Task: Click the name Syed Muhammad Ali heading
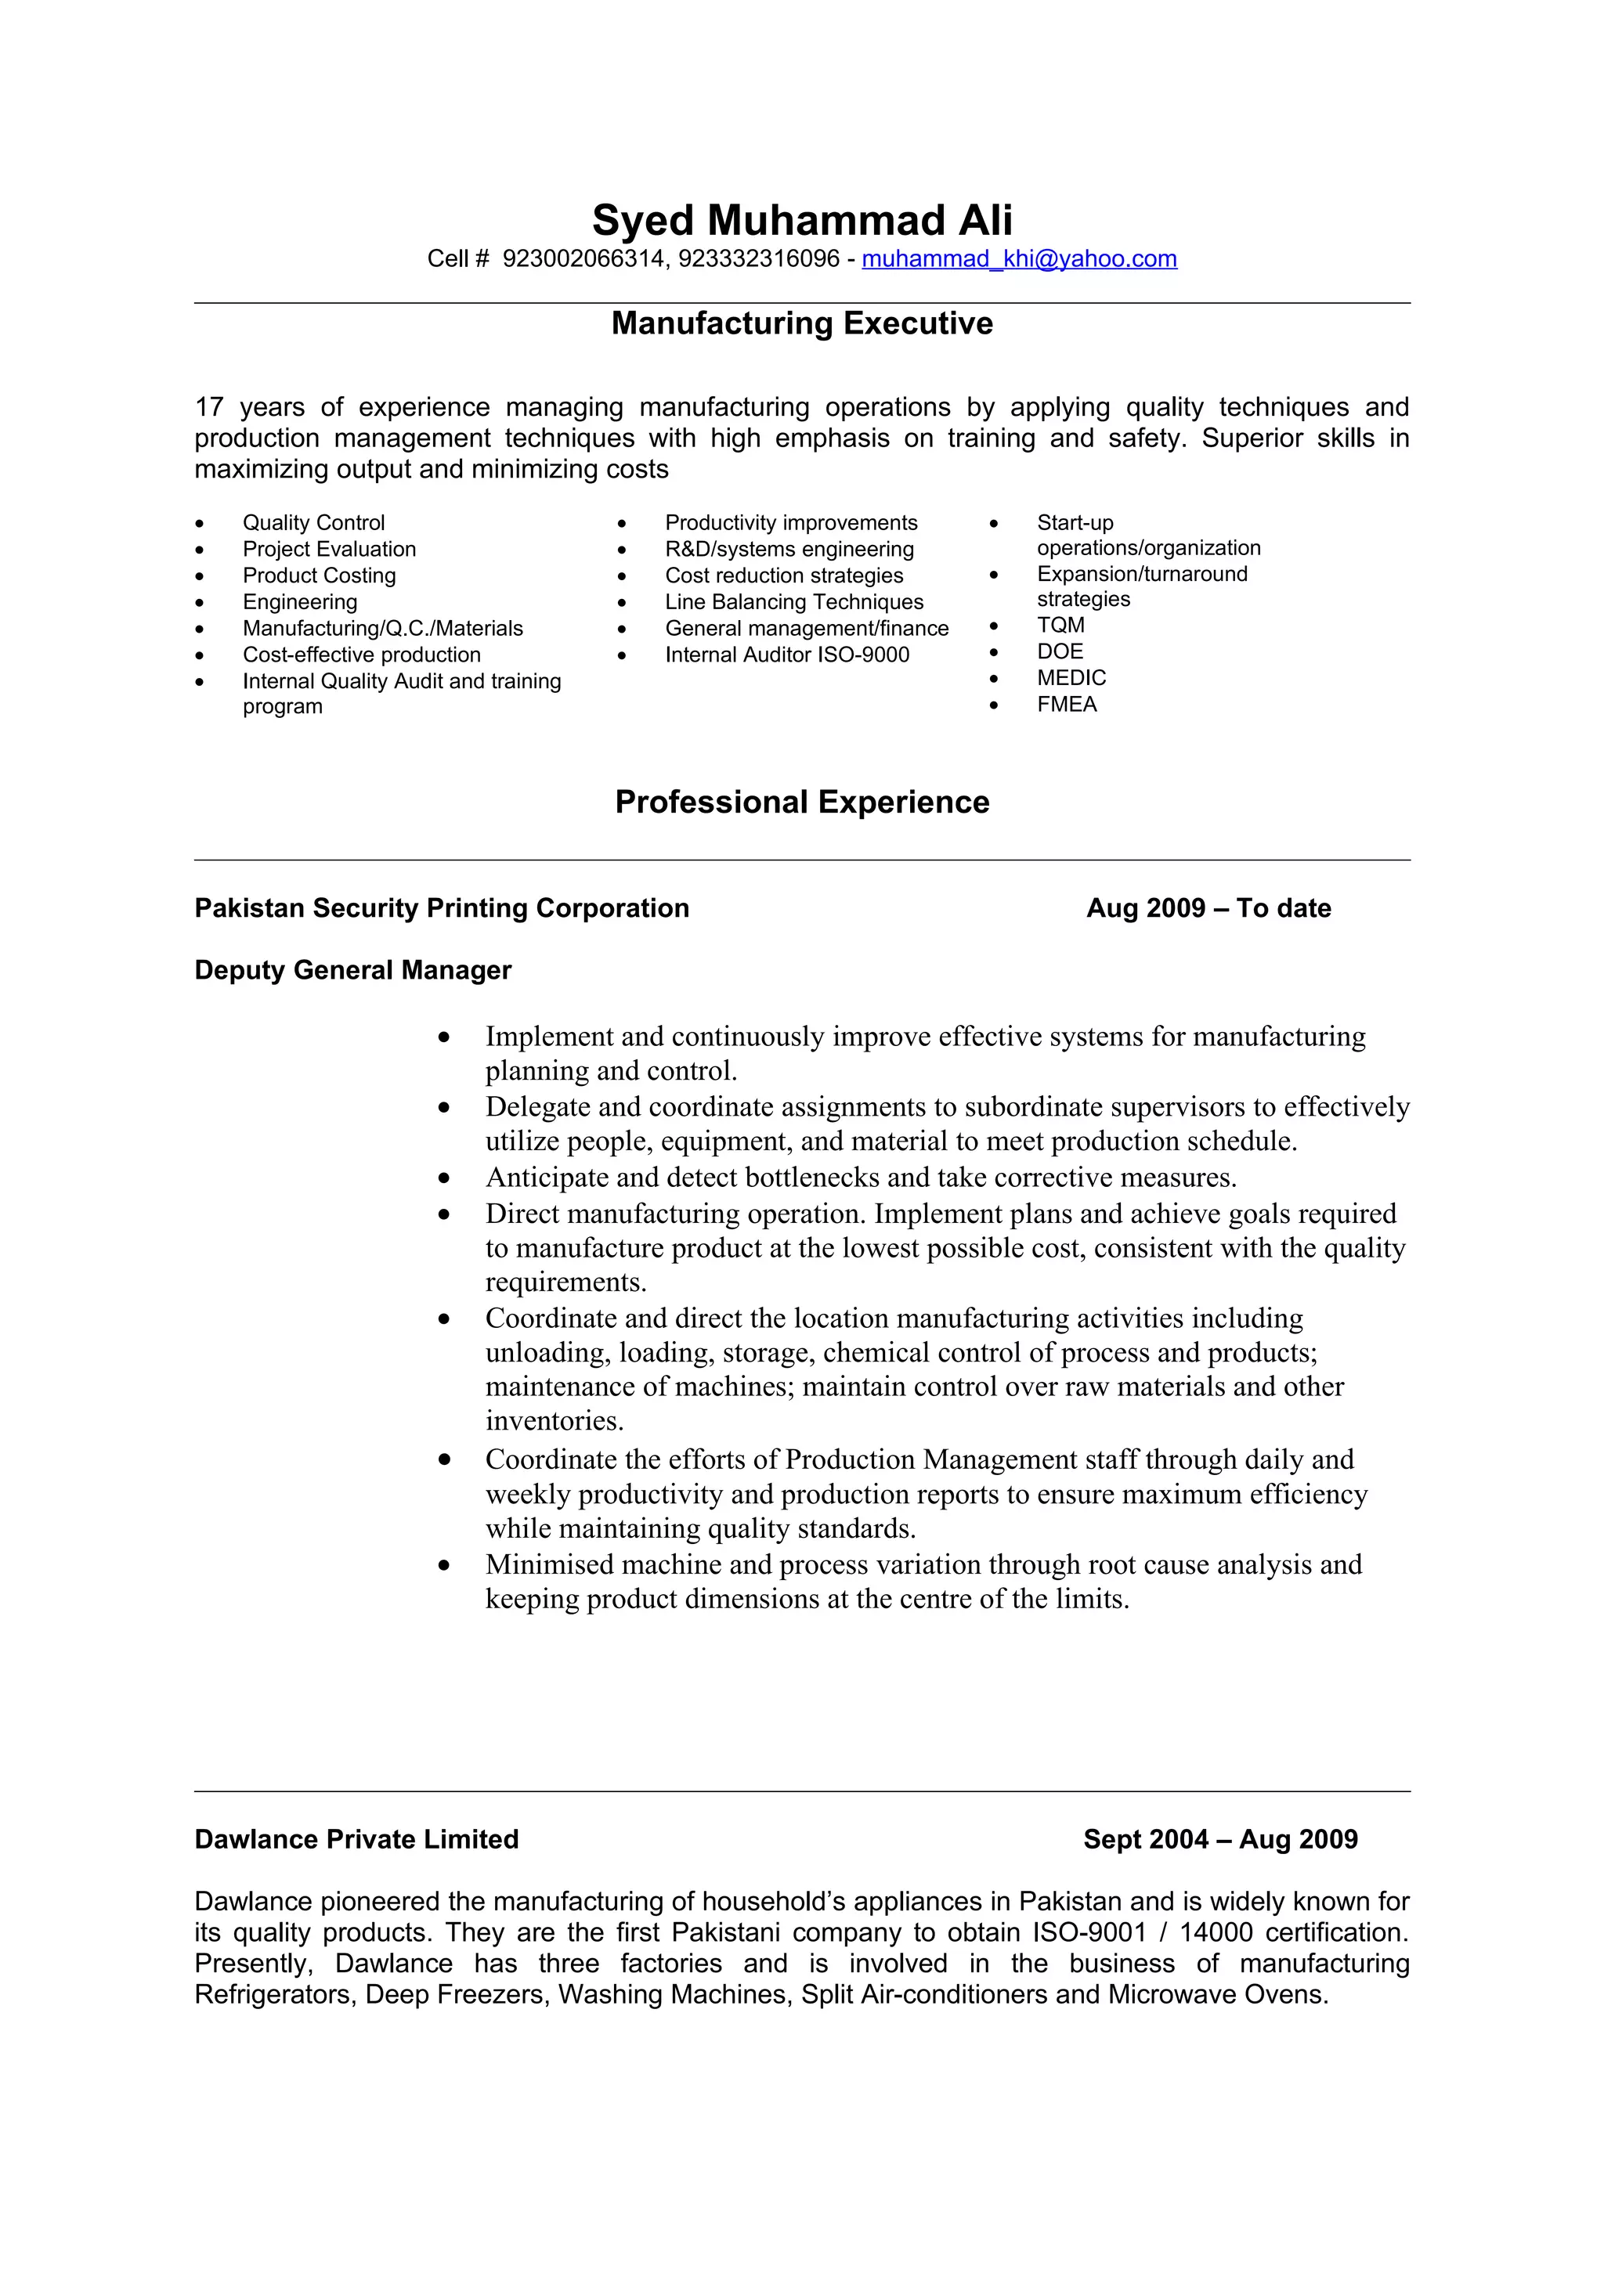pyautogui.click(x=801, y=220)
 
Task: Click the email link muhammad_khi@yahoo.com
pyautogui.click(x=1019, y=259)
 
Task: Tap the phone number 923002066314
pyautogui.click(x=583, y=259)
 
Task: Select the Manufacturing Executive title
pyautogui.click(x=801, y=323)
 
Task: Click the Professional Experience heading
pyautogui.click(x=801, y=802)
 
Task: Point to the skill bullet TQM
pyautogui.click(x=1060, y=626)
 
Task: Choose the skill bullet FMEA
pyautogui.click(x=1067, y=705)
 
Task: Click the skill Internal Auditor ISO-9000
pyautogui.click(x=786, y=655)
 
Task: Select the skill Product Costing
pyautogui.click(x=320, y=576)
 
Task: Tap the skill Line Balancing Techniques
pyautogui.click(x=793, y=602)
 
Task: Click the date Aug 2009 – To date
pyautogui.click(x=1208, y=908)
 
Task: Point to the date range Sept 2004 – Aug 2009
pyautogui.click(x=1219, y=1839)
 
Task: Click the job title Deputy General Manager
pyautogui.click(x=352, y=970)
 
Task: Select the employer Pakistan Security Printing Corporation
pyautogui.click(x=442, y=908)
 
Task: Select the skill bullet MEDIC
pyautogui.click(x=1071, y=678)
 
